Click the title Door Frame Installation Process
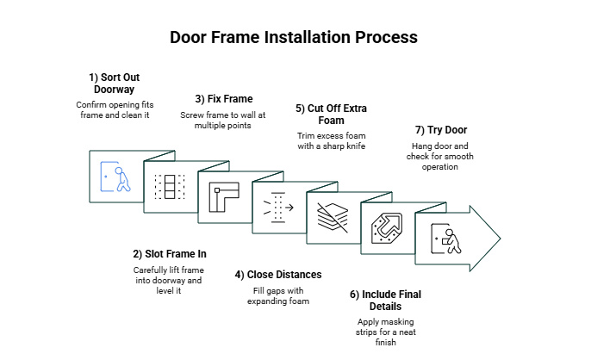click(294, 37)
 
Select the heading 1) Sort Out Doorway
click(114, 83)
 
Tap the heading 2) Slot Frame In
click(170, 254)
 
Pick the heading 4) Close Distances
click(278, 275)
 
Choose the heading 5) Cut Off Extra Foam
click(333, 115)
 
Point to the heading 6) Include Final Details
click(385, 301)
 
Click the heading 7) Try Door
click(441, 129)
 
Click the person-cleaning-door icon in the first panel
click(115, 177)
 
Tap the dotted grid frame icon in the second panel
click(169, 187)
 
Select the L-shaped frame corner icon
click(223, 197)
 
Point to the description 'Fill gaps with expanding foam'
click(278, 295)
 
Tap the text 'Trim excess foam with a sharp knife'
click(333, 140)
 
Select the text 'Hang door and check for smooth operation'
click(441, 156)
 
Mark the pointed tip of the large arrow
click(499, 239)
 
